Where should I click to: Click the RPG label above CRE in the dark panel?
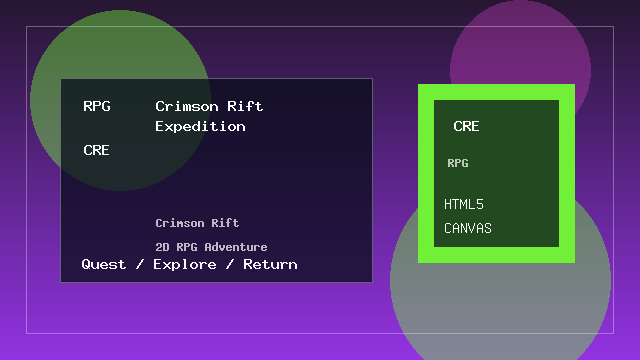point(97,106)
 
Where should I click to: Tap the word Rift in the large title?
point(245,106)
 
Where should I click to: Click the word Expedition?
point(200,127)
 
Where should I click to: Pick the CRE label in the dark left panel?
point(97,150)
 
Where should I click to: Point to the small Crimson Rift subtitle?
point(197,223)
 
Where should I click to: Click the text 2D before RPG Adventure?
point(162,247)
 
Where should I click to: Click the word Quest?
point(104,264)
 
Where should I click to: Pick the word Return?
point(270,264)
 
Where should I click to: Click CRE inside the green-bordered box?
point(466,127)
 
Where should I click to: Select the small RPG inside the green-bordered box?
point(457,163)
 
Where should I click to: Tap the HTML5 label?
point(464,204)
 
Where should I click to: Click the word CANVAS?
point(468,228)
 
